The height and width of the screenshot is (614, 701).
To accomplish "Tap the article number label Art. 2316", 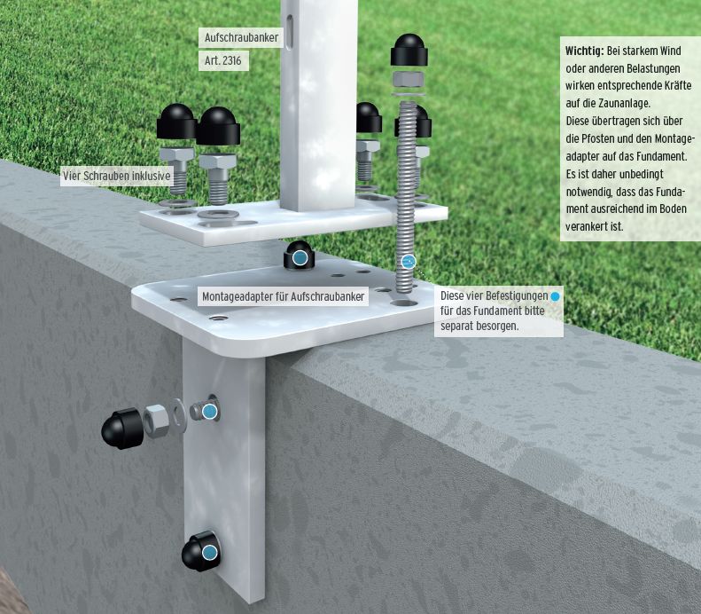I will click(222, 61).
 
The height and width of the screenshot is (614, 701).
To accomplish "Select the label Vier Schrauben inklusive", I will click(116, 176).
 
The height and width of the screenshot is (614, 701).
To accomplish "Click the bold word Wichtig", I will click(584, 51).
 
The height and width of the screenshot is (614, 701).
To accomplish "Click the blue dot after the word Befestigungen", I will click(555, 295).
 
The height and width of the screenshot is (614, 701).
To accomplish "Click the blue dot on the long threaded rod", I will click(409, 262).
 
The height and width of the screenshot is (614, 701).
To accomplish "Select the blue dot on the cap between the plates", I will click(300, 258).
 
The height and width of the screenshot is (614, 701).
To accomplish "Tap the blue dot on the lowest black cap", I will click(209, 553).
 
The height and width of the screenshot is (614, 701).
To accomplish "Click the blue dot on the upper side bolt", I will click(210, 411).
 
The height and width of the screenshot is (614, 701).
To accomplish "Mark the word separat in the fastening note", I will click(461, 326).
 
